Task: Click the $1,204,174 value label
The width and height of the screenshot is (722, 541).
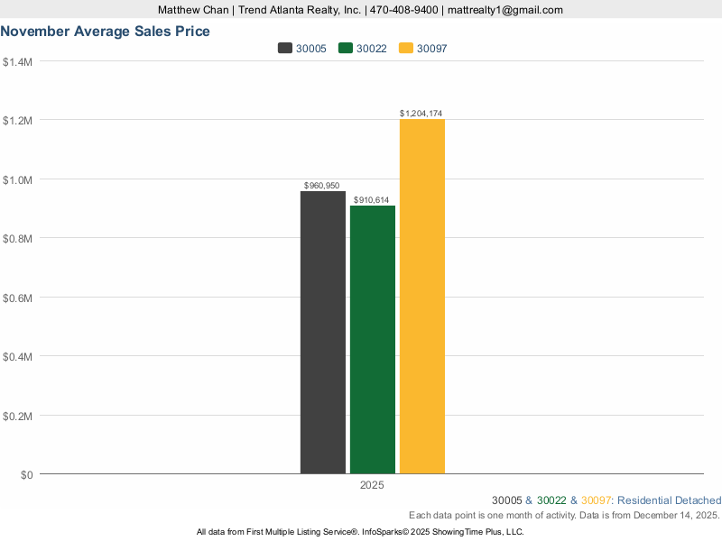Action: coord(421,114)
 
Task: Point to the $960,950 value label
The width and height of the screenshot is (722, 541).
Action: coord(322,185)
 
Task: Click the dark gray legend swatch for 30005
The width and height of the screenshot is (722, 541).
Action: coord(285,49)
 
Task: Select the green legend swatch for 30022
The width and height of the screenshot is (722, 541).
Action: coord(345,49)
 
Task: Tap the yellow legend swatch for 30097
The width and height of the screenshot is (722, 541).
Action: coord(406,49)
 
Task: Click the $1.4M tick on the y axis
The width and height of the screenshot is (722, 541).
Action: coord(18,61)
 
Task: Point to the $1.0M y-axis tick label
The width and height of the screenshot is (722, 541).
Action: coord(18,179)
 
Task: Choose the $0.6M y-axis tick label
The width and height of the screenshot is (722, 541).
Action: coord(18,298)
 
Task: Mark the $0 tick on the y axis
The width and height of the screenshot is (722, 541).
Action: coord(25,474)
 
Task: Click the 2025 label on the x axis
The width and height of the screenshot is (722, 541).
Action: coord(372,485)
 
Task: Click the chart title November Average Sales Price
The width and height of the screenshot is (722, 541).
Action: coord(106,32)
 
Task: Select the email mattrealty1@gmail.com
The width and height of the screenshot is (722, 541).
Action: coord(505,10)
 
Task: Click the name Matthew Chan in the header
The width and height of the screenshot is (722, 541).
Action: coord(191,10)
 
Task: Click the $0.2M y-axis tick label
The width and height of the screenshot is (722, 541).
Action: coord(18,416)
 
